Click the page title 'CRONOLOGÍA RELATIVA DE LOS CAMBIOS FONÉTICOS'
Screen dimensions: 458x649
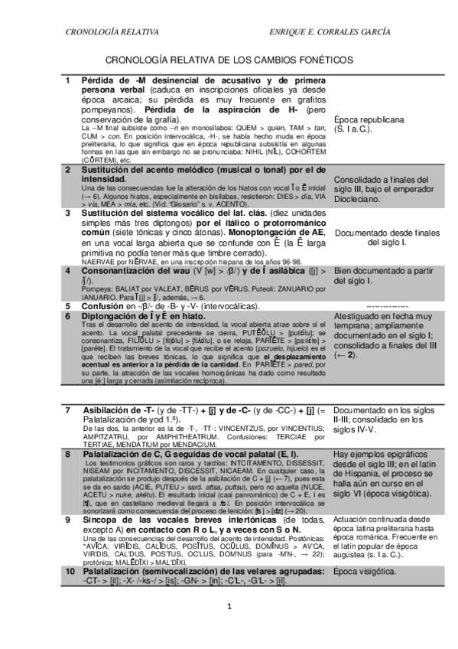point(229,58)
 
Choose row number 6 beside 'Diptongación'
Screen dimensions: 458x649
point(67,315)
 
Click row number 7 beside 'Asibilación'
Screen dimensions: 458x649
point(67,411)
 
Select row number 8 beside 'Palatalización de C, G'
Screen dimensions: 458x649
point(67,454)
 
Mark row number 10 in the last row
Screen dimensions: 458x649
point(69,572)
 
